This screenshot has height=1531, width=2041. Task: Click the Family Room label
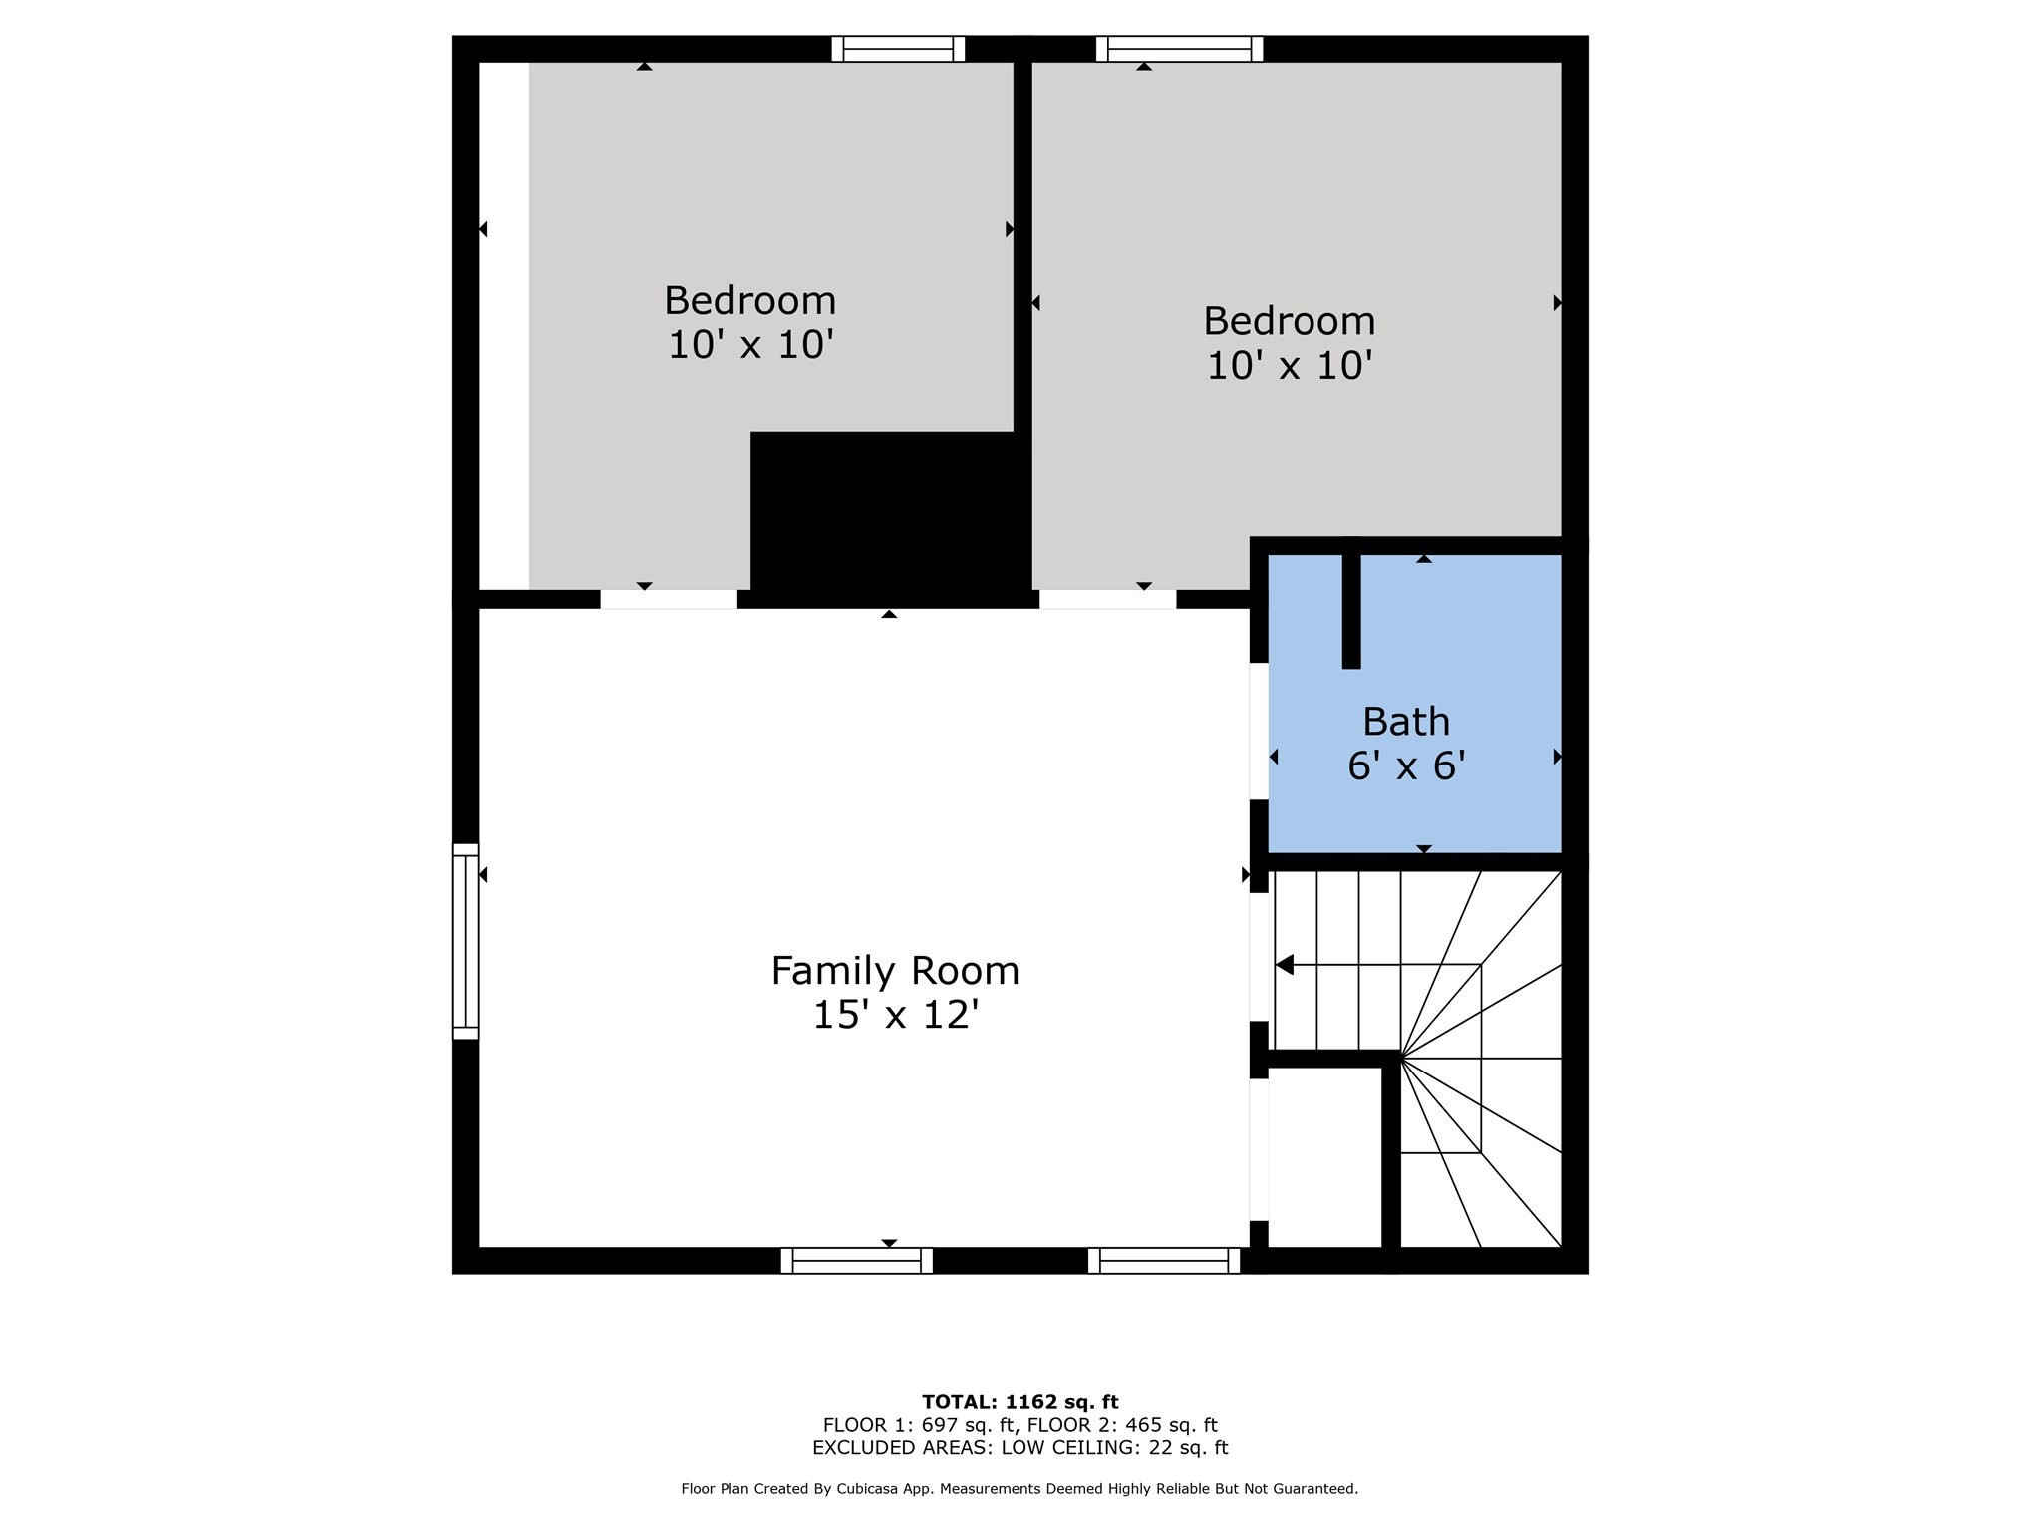(x=894, y=971)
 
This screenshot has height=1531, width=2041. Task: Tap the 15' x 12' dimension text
(x=894, y=1016)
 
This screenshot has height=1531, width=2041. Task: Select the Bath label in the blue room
(x=1405, y=721)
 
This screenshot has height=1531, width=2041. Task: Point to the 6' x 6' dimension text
(x=1405, y=765)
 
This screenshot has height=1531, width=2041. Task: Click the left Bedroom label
(x=749, y=300)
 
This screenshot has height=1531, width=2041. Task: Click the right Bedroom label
(x=1289, y=321)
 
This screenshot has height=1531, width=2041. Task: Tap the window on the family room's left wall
(x=465, y=941)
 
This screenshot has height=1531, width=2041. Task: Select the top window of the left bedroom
(x=898, y=49)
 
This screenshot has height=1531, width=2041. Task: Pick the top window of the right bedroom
(x=1179, y=49)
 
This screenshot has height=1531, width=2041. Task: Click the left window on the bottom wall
(x=856, y=1261)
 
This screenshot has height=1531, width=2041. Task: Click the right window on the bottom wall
(x=1163, y=1261)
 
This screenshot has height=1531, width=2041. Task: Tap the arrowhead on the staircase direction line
(x=1285, y=965)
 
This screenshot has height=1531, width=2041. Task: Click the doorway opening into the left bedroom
(x=669, y=599)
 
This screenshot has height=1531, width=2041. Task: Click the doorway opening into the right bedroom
(x=1107, y=599)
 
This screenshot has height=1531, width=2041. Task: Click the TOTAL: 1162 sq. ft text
(x=1020, y=1402)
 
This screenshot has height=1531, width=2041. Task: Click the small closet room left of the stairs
(x=1323, y=1156)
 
